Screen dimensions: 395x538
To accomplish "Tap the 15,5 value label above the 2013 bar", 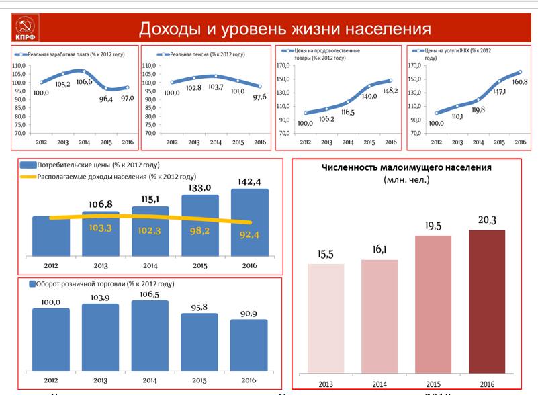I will point(326,254).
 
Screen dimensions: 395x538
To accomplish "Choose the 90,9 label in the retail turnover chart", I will point(249,312).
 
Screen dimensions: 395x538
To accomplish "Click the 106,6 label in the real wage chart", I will point(85,81).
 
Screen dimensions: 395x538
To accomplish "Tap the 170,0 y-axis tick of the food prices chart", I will point(283,66).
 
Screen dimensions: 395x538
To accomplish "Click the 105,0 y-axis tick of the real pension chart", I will point(148,75).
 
